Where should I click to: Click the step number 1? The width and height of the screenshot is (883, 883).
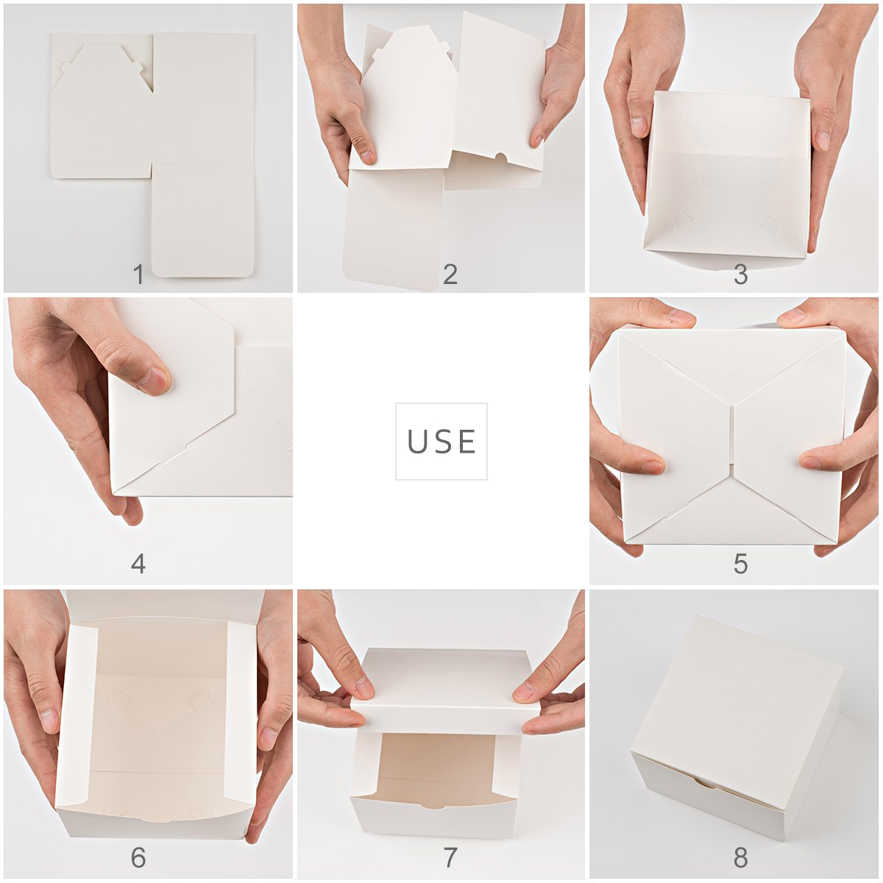click(x=138, y=274)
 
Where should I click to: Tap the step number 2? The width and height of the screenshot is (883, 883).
click(x=450, y=274)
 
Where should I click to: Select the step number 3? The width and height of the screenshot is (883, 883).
click(x=740, y=274)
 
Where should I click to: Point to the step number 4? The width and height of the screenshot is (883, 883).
click(x=138, y=564)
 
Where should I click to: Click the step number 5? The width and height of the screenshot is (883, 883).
click(x=740, y=564)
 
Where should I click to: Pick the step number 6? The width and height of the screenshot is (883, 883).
click(x=138, y=857)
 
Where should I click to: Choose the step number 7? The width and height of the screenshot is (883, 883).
click(x=450, y=857)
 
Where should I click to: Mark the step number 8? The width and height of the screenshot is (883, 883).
click(x=740, y=857)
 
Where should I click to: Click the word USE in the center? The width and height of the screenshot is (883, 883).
click(x=441, y=441)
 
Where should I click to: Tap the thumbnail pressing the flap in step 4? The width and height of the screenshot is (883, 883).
click(x=156, y=380)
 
